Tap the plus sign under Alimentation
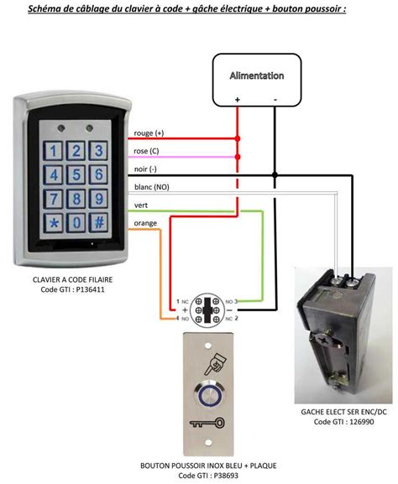point(238,99)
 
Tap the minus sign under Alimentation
point(276,99)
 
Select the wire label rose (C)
point(147,152)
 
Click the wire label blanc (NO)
point(150,188)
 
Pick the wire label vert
point(141,206)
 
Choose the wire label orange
point(145,223)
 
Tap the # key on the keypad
point(99,223)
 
